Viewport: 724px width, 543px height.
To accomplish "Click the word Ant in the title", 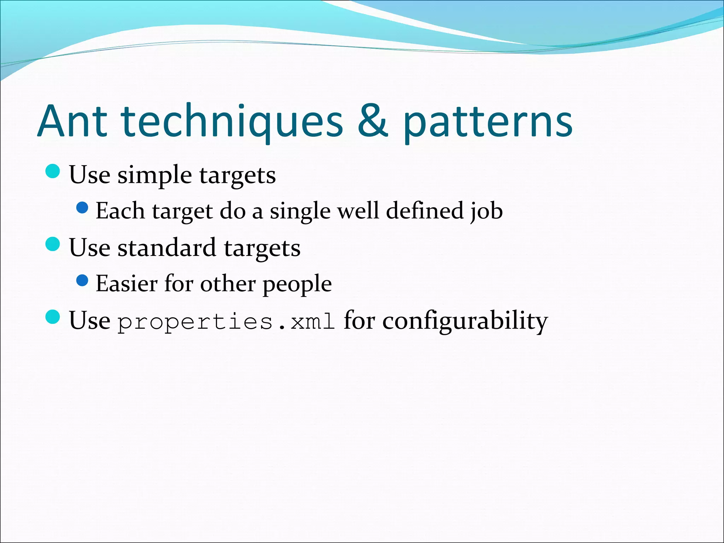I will (72, 121).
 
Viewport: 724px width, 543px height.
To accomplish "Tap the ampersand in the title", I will (373, 121).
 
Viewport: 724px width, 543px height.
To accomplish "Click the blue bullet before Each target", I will (82, 208).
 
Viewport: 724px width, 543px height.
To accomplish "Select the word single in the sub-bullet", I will (300, 211).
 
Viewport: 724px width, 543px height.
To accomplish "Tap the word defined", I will (425, 211).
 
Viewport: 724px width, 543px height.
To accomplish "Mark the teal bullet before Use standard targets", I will (53, 244).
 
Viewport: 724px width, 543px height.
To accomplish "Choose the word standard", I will (167, 247).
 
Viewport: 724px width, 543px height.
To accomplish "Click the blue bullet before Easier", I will (82, 281).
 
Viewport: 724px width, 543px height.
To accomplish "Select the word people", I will (297, 284).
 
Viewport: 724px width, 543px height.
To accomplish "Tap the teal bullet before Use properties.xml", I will (53, 317).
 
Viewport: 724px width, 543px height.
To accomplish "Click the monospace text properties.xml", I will (226, 322).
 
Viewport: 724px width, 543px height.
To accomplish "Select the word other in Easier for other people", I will (228, 284).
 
